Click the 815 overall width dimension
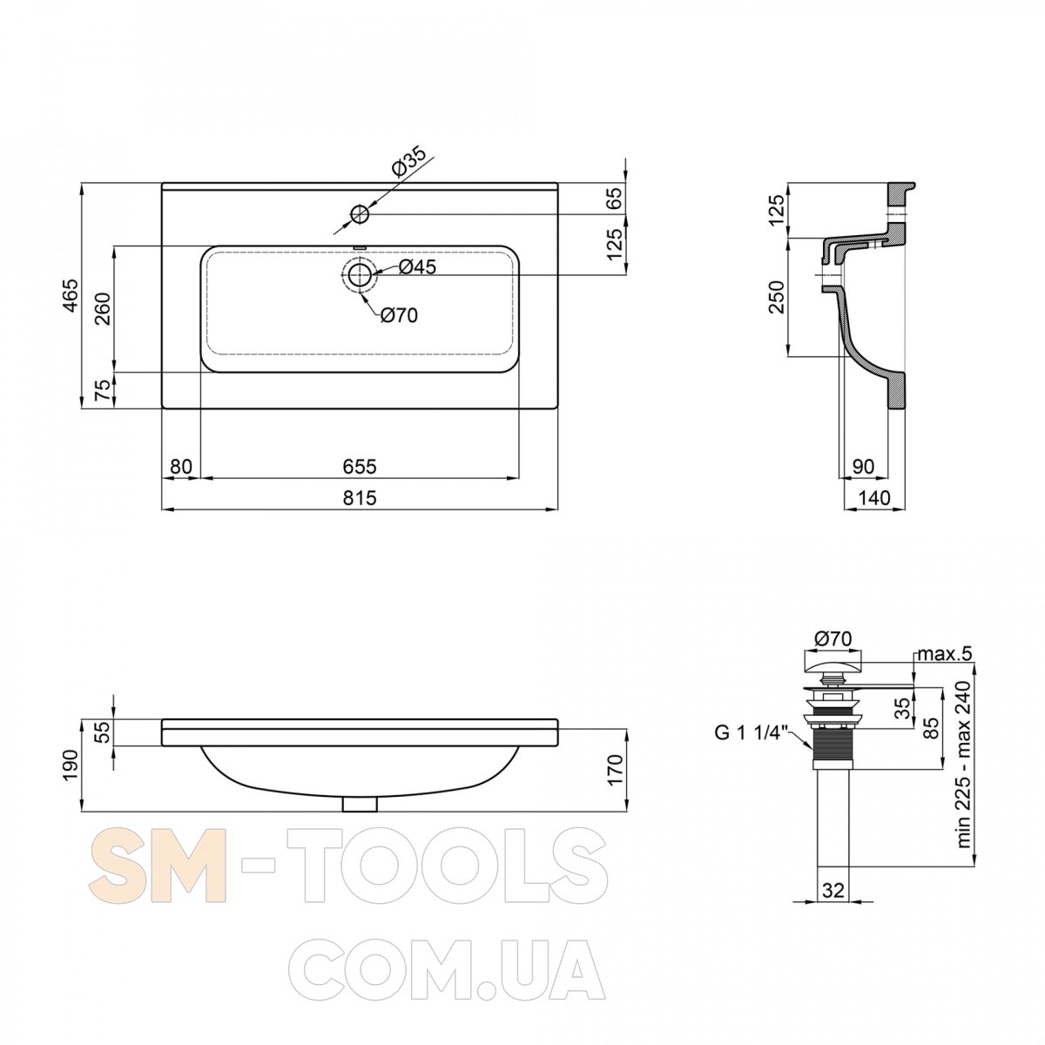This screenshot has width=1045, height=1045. click(x=360, y=497)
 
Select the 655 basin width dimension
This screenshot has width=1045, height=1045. click(x=360, y=467)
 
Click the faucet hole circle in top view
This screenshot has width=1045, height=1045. click(x=360, y=213)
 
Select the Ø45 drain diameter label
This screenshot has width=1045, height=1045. click(x=417, y=266)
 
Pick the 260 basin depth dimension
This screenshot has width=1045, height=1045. click(x=103, y=308)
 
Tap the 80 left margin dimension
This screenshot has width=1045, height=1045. click(x=181, y=467)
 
